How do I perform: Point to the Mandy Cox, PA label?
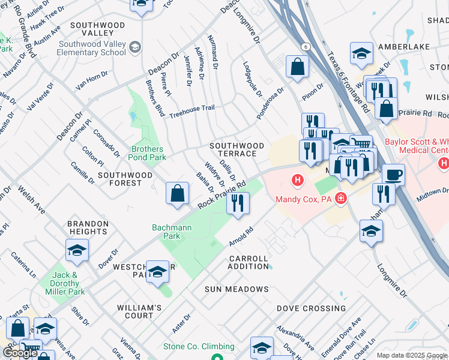pos(304,199)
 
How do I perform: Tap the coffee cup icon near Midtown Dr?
pos(393,175)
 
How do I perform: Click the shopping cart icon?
pos(361,144)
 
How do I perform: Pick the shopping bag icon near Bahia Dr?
pos(177,194)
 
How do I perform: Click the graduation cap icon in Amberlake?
pos(361,54)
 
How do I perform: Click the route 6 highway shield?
pos(306,46)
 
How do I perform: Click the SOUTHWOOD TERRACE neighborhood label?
pos(237,150)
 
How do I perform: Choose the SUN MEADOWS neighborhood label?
pos(237,289)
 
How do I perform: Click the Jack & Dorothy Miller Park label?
pos(65,283)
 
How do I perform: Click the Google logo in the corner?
pos(20,353)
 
